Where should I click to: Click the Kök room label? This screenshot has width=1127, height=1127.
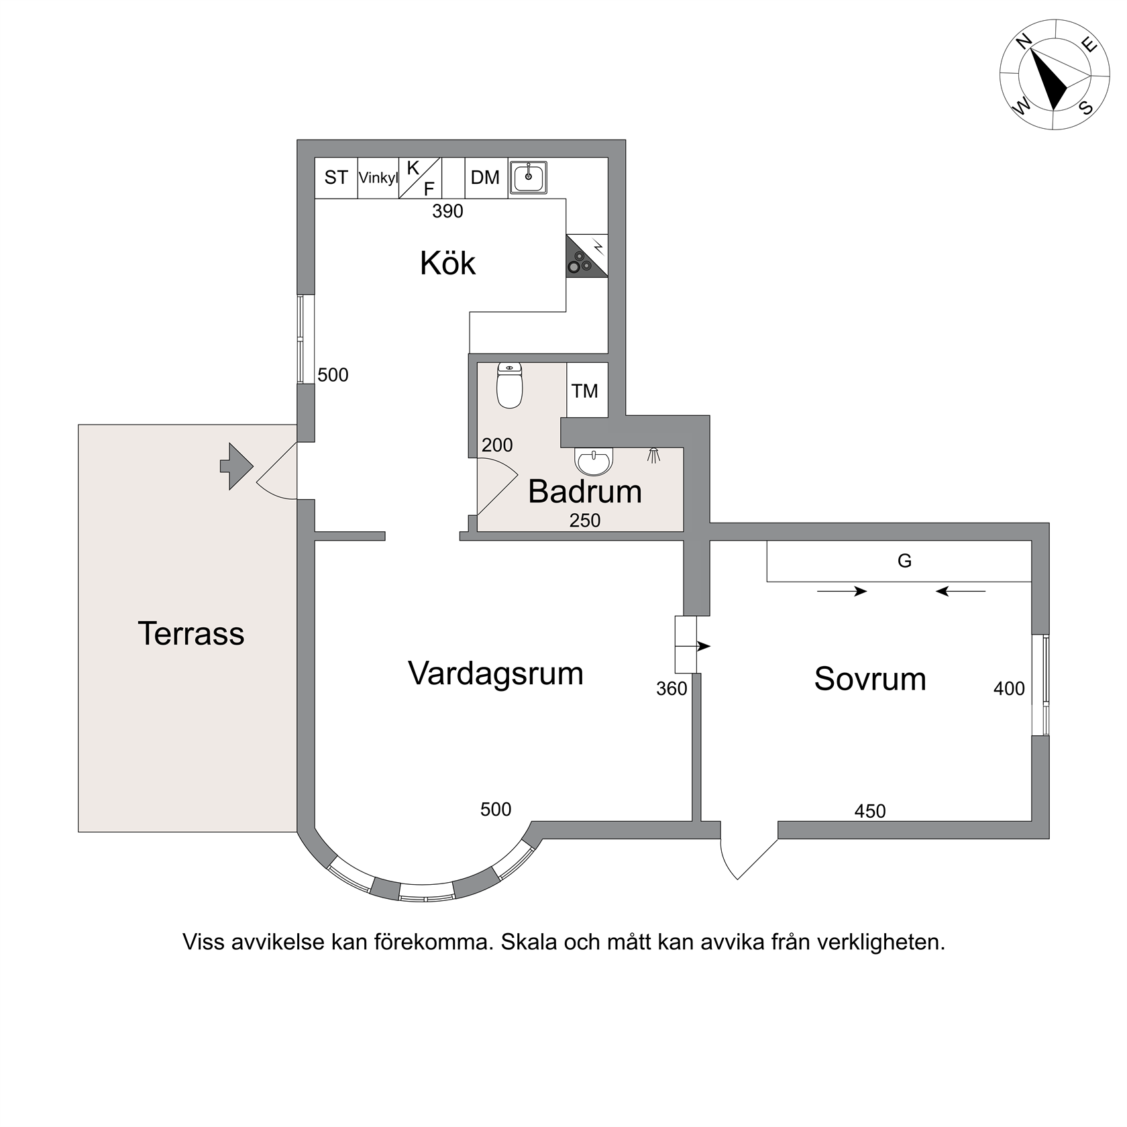[447, 263]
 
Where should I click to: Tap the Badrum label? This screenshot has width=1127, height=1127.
[585, 492]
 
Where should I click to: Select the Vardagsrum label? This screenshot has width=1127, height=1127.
[496, 674]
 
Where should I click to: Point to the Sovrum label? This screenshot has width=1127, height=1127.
[870, 679]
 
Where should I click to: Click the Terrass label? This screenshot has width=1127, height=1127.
[191, 633]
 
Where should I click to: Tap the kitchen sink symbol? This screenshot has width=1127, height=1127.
[528, 178]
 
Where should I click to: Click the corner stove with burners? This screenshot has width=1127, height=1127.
[587, 256]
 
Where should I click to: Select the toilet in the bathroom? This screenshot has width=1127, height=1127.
[510, 386]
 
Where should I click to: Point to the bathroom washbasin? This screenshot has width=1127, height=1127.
[594, 462]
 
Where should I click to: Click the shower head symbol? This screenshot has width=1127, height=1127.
[653, 455]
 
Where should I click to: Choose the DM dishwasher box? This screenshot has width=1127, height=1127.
[486, 178]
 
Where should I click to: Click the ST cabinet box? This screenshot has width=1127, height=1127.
[336, 178]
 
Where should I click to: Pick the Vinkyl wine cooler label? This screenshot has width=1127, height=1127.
[378, 178]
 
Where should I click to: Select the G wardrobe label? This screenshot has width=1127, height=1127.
[904, 561]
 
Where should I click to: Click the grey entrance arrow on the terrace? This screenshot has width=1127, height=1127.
[236, 466]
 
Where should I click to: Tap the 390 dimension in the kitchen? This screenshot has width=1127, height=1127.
[447, 211]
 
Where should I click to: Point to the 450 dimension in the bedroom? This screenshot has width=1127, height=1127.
[870, 812]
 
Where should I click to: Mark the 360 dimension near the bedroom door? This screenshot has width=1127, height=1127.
[672, 689]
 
